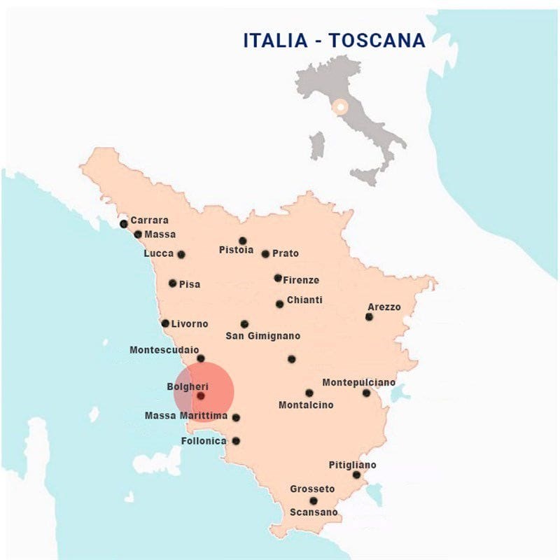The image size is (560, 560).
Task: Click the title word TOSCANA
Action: (x=377, y=41)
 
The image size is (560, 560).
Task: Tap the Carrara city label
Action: (x=149, y=220)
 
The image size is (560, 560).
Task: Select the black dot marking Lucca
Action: (x=181, y=255)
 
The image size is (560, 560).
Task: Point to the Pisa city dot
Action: (x=173, y=283)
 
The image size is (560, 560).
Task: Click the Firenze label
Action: (x=301, y=280)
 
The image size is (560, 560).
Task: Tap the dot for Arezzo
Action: (x=369, y=317)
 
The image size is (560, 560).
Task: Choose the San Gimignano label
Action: (x=262, y=336)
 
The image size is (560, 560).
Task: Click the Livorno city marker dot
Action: (x=165, y=323)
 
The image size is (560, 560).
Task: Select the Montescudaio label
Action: (x=164, y=349)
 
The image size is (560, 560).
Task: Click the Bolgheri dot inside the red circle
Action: (x=201, y=395)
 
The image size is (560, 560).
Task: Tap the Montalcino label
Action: (x=306, y=405)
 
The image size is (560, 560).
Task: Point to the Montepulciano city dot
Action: (x=366, y=393)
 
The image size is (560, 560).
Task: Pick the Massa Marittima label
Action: (x=186, y=416)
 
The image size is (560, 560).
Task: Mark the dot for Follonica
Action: (x=236, y=441)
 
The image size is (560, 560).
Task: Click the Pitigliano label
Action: (x=352, y=465)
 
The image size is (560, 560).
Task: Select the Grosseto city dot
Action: (x=314, y=500)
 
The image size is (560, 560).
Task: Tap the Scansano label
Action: (x=314, y=512)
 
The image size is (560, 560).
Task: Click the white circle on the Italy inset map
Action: (x=340, y=108)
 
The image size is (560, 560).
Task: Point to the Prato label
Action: (x=286, y=253)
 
